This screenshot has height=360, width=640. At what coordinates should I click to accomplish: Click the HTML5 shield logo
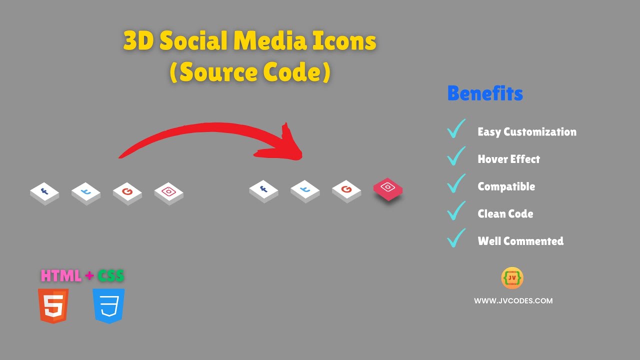[53, 305]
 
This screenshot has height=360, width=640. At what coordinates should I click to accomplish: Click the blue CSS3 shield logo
[108, 305]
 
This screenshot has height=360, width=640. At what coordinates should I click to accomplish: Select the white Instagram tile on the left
[169, 192]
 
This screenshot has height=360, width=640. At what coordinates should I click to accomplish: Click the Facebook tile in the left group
[44, 192]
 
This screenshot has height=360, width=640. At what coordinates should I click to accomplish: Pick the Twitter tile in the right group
[305, 190]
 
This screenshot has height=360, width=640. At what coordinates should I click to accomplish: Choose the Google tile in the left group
[127, 192]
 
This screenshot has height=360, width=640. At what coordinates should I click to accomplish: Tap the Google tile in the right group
[346, 190]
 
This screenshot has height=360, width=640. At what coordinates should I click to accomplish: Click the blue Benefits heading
[485, 93]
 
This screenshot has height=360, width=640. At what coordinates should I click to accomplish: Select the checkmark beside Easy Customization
[456, 129]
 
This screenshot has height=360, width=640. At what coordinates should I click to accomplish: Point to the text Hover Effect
[508, 159]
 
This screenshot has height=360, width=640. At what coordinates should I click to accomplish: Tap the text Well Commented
[520, 241]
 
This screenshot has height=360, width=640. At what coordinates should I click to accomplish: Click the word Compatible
[506, 186]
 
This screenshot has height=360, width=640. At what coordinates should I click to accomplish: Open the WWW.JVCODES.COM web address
[513, 301]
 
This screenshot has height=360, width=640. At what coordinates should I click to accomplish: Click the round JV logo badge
[512, 278]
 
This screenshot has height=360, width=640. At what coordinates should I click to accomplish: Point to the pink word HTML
[61, 276]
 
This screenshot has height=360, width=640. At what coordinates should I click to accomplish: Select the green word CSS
[110, 276]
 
